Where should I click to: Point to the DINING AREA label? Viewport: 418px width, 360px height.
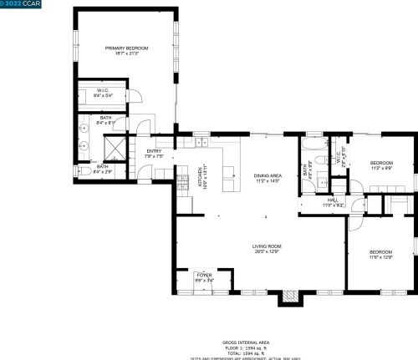click(x=268, y=177)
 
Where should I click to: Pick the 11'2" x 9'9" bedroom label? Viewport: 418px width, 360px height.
click(x=381, y=165)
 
